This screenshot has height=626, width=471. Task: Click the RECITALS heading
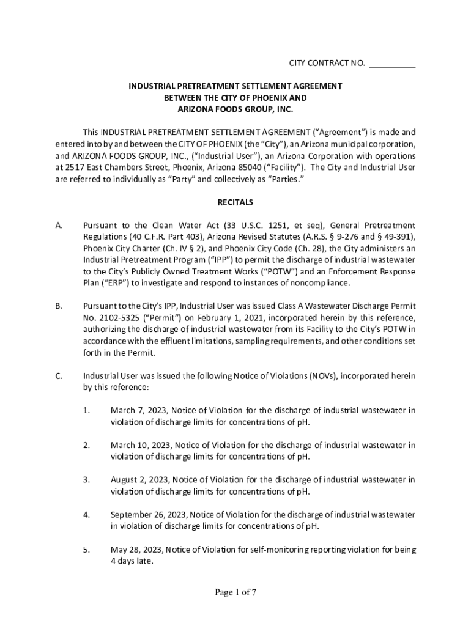pyautogui.click(x=236, y=202)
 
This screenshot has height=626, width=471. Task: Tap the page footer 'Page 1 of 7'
pyautogui.click(x=236, y=592)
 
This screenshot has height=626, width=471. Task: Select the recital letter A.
pyautogui.click(x=59, y=226)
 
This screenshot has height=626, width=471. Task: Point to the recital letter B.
pyautogui.click(x=59, y=307)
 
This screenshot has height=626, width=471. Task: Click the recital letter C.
pyautogui.click(x=59, y=376)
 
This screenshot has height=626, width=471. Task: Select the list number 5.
pyautogui.click(x=87, y=550)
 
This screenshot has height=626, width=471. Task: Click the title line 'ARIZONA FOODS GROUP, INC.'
pyautogui.click(x=236, y=109)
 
